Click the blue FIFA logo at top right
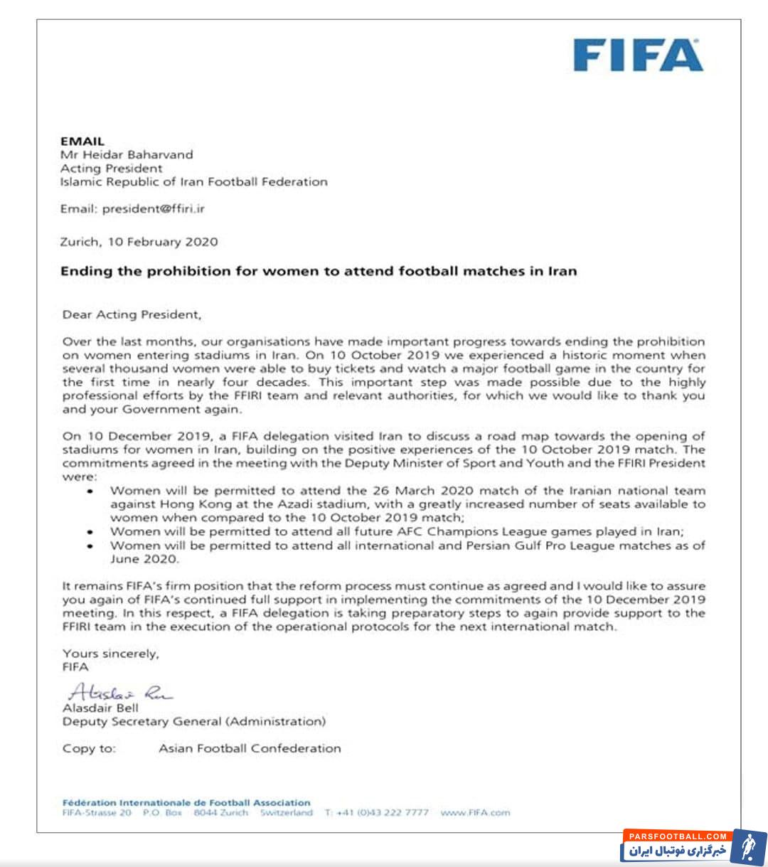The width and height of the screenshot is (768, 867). pos(638,55)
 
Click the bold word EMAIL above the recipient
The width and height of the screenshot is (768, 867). pos(82,141)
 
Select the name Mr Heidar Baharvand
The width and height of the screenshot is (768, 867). pos(127,154)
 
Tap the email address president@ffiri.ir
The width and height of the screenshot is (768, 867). pos(153,209)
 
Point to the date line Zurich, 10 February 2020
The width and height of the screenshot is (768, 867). pos(139,242)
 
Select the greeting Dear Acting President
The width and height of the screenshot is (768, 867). pos(132,314)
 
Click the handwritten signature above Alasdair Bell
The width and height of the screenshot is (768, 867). pos(119,692)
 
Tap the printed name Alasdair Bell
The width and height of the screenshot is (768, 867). pos(100,708)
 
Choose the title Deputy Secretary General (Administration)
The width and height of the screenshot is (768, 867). pos(194,721)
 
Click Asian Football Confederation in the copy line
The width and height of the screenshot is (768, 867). pos(250,748)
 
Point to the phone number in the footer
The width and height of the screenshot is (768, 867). pos(377,812)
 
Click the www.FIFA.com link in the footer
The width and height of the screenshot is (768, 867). pos(475,812)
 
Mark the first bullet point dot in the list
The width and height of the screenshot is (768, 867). pos(90,491)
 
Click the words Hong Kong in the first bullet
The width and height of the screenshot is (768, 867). pos(186,504)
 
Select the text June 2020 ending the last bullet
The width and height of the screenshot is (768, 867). pos(144,559)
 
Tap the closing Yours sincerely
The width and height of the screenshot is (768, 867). pos(110,653)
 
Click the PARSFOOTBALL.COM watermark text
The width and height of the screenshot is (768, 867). pos(677,836)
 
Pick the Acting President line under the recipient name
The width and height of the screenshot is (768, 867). pos(111,169)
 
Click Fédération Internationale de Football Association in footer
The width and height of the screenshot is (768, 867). pos(186,802)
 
